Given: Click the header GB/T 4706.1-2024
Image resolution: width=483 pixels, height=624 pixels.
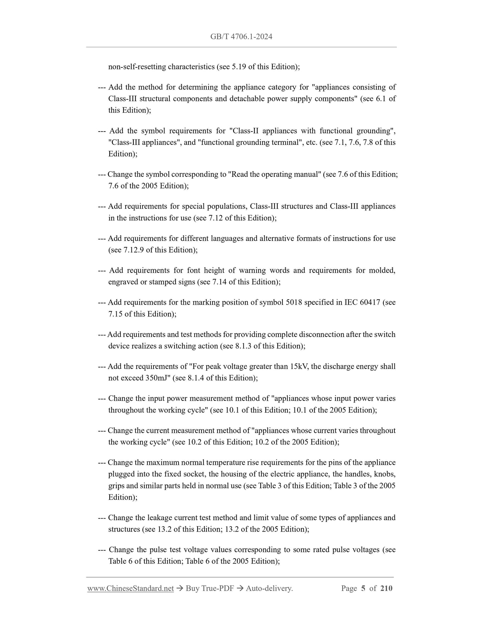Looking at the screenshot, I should (x=241, y=37).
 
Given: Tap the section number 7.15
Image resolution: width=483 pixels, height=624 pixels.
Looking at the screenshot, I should (x=115, y=314).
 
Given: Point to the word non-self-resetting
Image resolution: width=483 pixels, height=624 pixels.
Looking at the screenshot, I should (x=137, y=67).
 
